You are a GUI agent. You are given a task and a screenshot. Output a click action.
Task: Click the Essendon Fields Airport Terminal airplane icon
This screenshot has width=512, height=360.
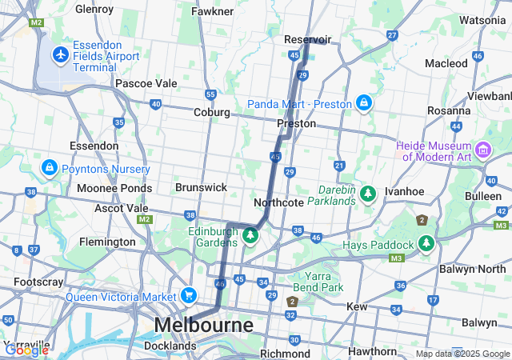pos(60,55)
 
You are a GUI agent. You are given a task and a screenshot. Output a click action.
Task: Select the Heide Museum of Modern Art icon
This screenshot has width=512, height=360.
pos(483,150)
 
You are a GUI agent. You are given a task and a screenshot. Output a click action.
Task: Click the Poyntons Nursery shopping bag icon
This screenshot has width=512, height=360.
pos(50,169)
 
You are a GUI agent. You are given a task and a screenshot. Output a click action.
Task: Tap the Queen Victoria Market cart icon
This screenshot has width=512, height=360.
pos(188,295)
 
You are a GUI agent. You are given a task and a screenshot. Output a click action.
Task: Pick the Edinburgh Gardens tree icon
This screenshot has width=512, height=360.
pos(250,236)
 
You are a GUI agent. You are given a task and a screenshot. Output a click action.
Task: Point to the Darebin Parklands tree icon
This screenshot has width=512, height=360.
pos(368,194)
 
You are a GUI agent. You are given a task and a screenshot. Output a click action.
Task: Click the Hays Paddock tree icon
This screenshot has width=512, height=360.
pos(426,243)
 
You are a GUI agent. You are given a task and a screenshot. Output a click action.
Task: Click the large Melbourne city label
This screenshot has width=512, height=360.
pos(203,326)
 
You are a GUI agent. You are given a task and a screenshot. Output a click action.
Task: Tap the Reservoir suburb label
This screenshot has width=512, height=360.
pos(307,39)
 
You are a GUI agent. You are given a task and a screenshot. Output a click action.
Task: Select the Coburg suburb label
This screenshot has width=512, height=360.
pos(212,113)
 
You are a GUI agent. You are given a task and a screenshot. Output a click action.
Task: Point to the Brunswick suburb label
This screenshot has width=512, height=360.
pos(201,186)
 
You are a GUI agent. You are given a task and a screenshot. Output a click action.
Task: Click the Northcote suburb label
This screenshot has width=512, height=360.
pos(278,202)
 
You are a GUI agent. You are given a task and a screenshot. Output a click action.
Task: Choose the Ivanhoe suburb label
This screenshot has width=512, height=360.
pos(404,192)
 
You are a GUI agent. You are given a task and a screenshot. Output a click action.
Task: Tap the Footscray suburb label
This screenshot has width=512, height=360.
pos(33,282)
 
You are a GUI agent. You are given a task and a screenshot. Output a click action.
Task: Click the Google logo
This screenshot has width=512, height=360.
pos(26,350)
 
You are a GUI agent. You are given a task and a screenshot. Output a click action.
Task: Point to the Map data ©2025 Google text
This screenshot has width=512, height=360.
pos(462,354)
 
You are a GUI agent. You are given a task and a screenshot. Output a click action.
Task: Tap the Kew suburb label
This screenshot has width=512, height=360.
pos(356,306)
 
